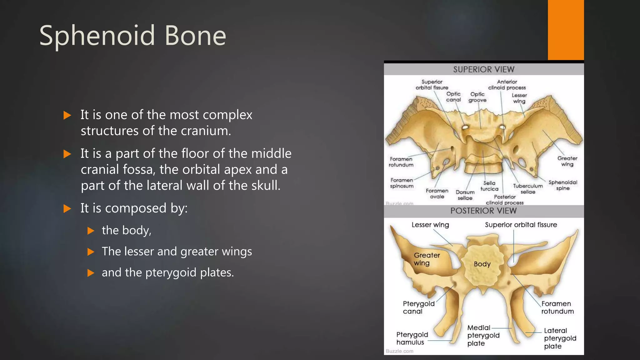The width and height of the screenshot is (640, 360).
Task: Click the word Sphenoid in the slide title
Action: [97, 36]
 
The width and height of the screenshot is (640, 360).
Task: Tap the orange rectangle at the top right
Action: [566, 30]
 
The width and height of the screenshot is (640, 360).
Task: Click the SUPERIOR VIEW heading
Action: [483, 69]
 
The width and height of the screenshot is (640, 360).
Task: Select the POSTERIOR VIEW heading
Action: [483, 211]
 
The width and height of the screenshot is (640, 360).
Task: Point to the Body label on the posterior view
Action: [482, 264]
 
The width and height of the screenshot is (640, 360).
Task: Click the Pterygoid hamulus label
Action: [412, 338]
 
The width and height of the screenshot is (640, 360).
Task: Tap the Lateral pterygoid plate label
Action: [560, 338]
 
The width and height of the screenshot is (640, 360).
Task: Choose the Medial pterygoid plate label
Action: [483, 336]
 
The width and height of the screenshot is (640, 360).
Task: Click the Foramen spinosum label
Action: [402, 183]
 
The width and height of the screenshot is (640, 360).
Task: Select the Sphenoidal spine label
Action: [563, 185]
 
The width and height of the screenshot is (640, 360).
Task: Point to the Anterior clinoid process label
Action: [507, 85]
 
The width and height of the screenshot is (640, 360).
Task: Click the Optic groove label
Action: [477, 97]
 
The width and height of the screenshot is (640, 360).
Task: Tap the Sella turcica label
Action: [489, 186]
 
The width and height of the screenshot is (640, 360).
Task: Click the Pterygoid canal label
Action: [418, 307]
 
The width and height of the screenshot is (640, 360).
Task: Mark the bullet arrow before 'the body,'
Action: [91, 231]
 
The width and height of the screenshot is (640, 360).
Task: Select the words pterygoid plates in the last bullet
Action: [189, 272]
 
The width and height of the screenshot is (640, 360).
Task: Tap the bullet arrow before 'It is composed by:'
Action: [67, 208]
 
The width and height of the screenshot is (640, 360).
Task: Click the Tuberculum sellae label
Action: [528, 189]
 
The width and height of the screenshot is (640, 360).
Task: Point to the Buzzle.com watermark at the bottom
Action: [399, 351]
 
